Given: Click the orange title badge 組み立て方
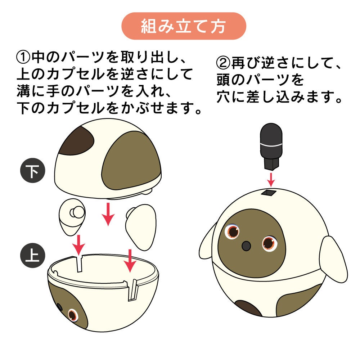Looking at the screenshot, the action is tap(184, 26).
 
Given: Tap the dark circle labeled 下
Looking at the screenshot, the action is tap(33, 170).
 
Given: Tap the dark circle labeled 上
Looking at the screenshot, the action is tap(33, 255).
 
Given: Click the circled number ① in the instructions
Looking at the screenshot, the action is tap(23, 57).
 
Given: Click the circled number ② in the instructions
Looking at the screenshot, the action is tap(223, 63).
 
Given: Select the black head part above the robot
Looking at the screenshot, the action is tap(271, 146).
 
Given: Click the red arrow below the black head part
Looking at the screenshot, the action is tap(271, 180).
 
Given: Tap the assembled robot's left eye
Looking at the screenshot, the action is tap(233, 231).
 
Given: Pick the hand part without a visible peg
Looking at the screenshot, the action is tap(141, 227).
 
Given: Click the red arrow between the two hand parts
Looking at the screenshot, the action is tap(108, 214).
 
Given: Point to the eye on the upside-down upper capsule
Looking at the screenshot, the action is tap(73, 315).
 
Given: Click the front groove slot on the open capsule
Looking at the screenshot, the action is tap(133, 290).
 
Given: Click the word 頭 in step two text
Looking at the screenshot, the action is tap(224, 80).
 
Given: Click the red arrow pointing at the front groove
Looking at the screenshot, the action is tap(130, 261).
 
